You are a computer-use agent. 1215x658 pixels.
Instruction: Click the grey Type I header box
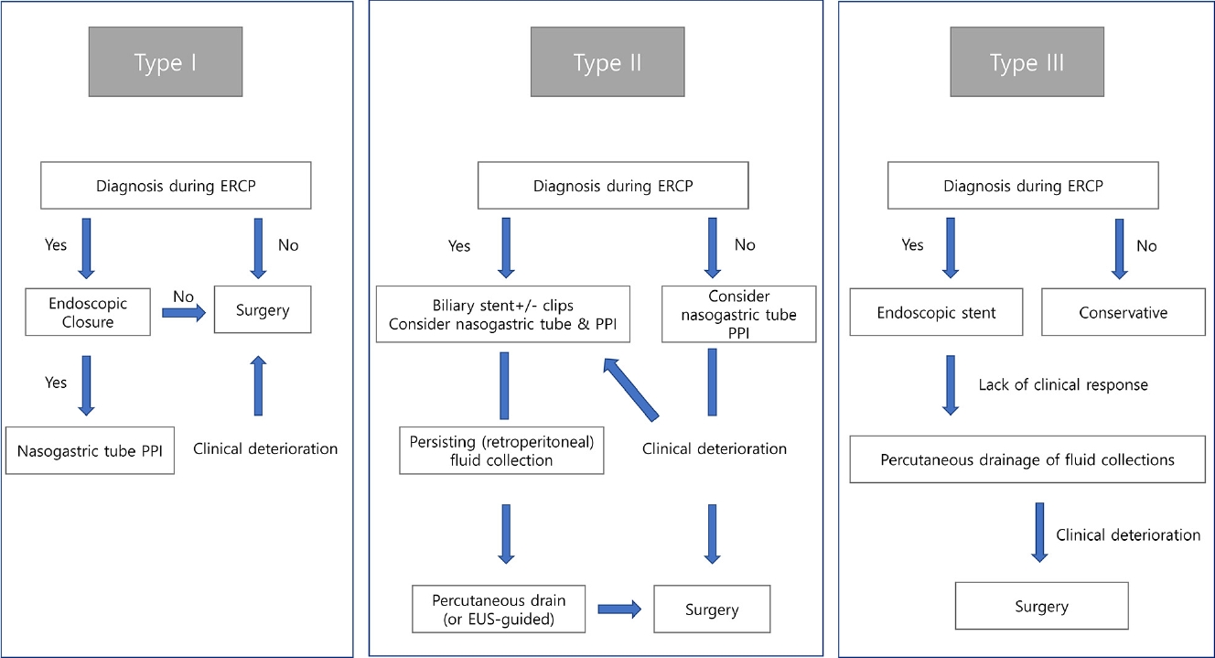click(166, 62)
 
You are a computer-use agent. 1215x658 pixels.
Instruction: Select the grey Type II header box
click(607, 62)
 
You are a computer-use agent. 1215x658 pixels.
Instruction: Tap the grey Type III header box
click(1027, 62)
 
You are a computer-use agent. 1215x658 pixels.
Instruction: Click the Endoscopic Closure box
click(88, 312)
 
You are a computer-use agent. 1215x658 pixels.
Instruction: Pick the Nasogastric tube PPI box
click(90, 450)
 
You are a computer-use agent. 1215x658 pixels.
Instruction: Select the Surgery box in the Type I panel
click(263, 309)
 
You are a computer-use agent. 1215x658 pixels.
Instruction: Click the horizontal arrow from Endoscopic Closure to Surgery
click(184, 312)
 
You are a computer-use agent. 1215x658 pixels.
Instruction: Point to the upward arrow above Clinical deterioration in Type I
click(258, 385)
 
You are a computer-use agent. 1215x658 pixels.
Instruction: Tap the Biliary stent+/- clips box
click(503, 314)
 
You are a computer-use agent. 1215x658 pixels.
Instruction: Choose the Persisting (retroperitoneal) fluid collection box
click(501, 450)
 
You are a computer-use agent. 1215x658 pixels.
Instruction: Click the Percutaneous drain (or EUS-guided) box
click(499, 609)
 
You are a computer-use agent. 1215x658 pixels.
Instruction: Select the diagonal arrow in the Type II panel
click(630, 390)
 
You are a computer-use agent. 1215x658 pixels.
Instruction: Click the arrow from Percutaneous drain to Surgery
click(619, 609)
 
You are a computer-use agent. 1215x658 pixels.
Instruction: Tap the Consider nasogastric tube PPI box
click(738, 314)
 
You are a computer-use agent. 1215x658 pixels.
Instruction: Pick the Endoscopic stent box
click(936, 312)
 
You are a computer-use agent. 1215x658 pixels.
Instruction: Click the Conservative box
click(1124, 312)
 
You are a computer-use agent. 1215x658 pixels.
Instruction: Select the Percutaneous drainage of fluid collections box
click(1027, 458)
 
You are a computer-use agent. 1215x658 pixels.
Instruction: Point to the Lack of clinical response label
click(1063, 384)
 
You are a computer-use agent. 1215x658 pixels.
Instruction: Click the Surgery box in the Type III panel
click(1041, 606)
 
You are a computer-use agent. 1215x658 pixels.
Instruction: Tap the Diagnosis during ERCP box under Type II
click(613, 185)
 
